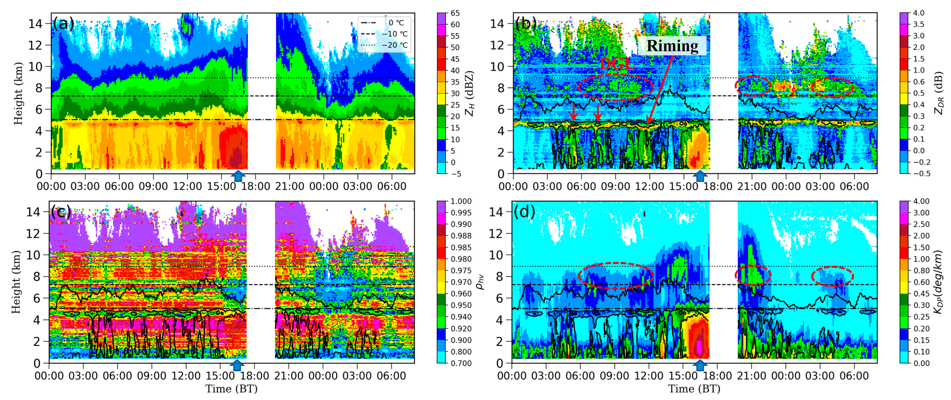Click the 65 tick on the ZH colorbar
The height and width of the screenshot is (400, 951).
(x=455, y=13)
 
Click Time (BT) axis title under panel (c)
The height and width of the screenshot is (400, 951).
(x=231, y=388)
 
